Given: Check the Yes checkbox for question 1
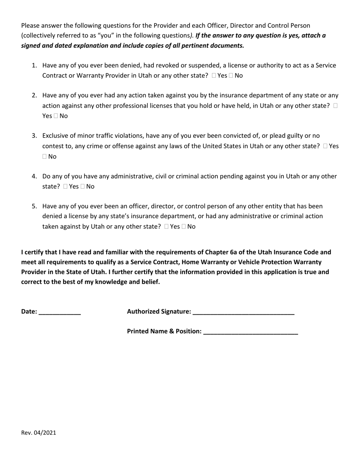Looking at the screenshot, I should coord(214,76).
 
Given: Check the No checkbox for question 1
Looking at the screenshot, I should coord(231,76).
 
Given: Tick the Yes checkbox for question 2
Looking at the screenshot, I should coord(335,106).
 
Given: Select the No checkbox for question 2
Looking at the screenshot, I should coord(56,116).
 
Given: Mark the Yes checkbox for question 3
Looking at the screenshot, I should coord(326,146).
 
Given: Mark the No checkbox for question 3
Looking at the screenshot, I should coord(45,156).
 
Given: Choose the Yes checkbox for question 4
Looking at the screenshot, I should coord(66,186).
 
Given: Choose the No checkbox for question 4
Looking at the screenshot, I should coord(83,186).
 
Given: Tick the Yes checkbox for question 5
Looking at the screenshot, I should coord(167,227).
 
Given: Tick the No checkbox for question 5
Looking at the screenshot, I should coord(184,227).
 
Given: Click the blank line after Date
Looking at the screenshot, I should coord(60,312).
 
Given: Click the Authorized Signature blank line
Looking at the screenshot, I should coord(243,312).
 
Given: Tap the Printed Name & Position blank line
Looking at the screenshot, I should coord(250,332).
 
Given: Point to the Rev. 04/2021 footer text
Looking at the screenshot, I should coord(39,433).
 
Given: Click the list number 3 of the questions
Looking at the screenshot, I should coord(34,136).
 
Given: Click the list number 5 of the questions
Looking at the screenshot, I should coord(34,206).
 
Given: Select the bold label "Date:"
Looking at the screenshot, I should coord(29,312).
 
